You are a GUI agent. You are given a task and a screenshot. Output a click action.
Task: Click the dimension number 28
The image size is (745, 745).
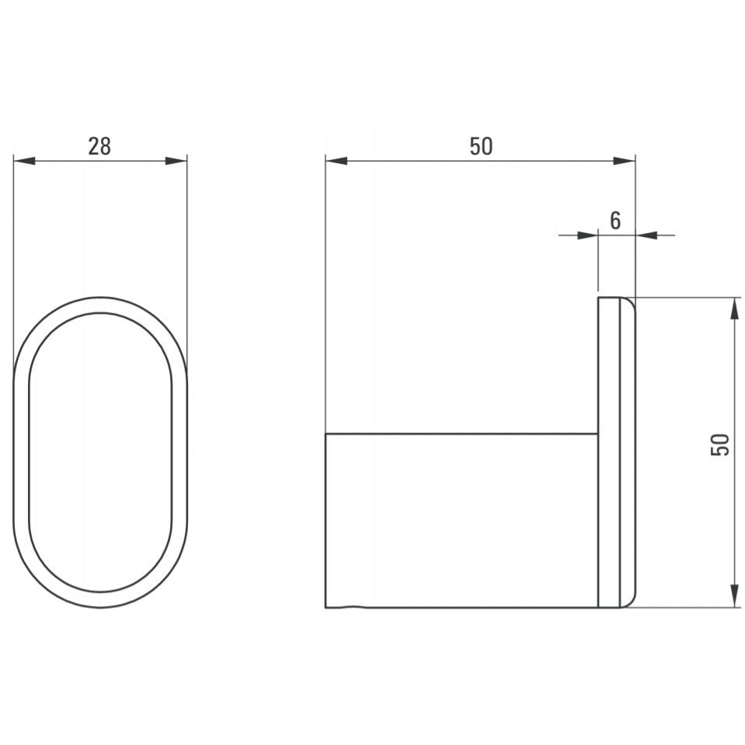pyautogui.click(x=99, y=146)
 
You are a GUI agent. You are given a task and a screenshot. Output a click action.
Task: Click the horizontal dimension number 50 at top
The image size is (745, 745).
pyautogui.click(x=482, y=146)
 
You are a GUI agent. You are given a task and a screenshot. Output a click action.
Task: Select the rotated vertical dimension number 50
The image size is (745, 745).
pyautogui.click(x=720, y=445)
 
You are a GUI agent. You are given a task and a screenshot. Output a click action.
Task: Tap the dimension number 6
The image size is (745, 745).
pyautogui.click(x=615, y=221)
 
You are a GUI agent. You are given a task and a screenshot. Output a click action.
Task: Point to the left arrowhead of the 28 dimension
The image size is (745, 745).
pyautogui.click(x=25, y=161)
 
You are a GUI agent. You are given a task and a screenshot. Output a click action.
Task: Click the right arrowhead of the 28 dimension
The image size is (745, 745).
pyautogui.click(x=176, y=161)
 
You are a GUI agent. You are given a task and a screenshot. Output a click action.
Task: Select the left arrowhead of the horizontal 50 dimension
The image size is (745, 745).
pyautogui.click(x=336, y=161)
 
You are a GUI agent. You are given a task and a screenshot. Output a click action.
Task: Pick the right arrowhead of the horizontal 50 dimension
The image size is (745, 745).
pyautogui.click(x=624, y=161)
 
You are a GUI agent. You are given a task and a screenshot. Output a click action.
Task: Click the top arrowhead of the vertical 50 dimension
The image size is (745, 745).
pyautogui.click(x=734, y=309)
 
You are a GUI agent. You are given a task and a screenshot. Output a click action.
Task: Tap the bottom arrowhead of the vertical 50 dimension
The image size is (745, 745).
pyautogui.click(x=734, y=597)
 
